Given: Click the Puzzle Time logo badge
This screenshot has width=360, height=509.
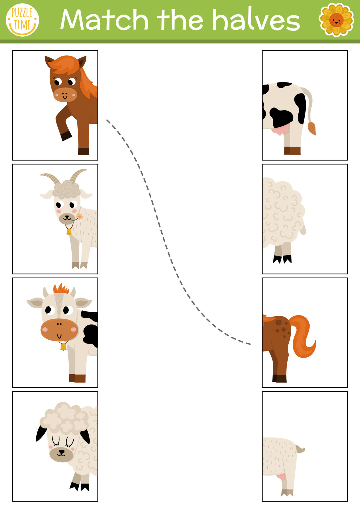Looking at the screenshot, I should (x=22, y=20).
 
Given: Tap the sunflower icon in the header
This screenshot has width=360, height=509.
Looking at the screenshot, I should (x=336, y=20).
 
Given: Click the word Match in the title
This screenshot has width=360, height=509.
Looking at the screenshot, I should (x=104, y=20).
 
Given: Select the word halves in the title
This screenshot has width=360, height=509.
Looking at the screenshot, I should (x=256, y=20).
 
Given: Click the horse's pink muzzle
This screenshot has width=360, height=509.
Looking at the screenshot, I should (x=65, y=94).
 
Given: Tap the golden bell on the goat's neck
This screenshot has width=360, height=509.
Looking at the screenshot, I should (x=69, y=232).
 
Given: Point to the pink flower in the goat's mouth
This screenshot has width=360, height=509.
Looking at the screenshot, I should (x=79, y=217).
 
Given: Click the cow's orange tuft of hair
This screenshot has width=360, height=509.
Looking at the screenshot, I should (x=61, y=289).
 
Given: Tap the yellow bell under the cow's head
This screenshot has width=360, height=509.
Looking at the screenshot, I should (x=63, y=347).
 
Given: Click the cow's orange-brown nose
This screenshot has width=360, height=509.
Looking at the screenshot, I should (x=59, y=330).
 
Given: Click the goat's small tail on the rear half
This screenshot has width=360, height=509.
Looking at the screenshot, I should (x=300, y=449).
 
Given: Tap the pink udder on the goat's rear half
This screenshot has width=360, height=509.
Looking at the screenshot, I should (x=281, y=477).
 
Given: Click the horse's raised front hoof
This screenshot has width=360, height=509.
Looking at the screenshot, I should (x=66, y=136).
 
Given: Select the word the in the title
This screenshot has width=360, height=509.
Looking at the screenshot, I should (x=180, y=20).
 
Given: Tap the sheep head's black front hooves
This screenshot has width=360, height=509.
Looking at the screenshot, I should (x=80, y=486).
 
